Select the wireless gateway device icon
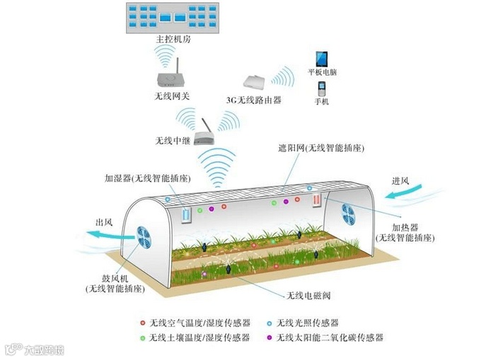170,74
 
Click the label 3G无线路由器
254,101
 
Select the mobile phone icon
322,90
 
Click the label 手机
322,103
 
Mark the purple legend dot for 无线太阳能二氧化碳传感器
270,337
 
